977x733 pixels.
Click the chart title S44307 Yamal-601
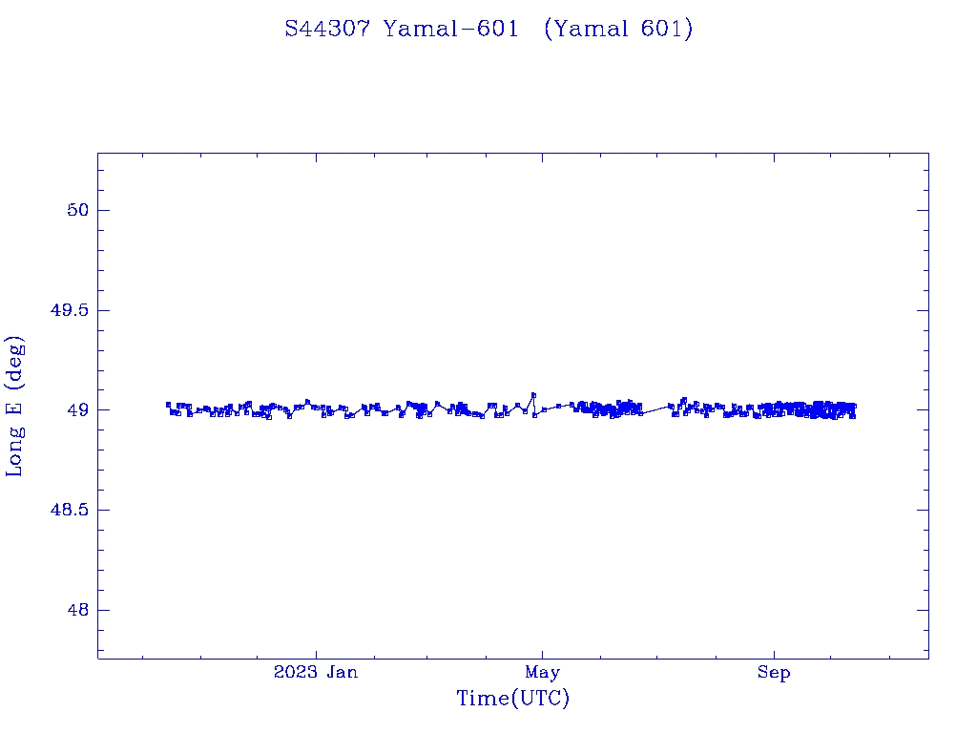(x=402, y=29)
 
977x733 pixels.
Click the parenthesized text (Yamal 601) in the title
(x=618, y=29)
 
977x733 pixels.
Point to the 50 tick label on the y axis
(x=76, y=210)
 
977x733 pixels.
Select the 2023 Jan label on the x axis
(x=316, y=673)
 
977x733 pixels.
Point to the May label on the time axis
(x=542, y=673)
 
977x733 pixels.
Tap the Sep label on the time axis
(x=774, y=673)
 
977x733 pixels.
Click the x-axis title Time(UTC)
(x=513, y=699)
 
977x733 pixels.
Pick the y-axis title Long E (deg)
(x=15, y=406)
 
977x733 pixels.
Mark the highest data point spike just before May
(x=533, y=394)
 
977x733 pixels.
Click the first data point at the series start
(x=168, y=404)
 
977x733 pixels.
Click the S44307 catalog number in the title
(x=329, y=29)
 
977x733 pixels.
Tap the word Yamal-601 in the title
(x=450, y=29)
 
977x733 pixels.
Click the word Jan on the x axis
(x=342, y=673)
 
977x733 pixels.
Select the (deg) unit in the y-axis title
(x=15, y=362)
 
